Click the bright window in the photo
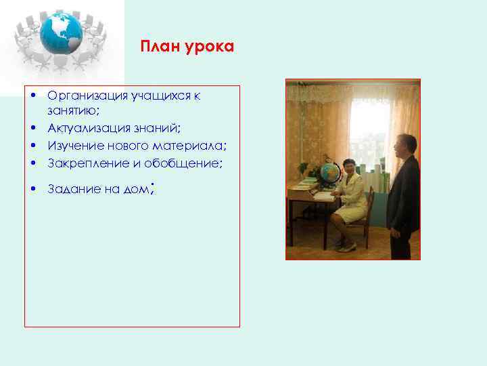click(x=369, y=129)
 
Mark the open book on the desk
click(x=323, y=197)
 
